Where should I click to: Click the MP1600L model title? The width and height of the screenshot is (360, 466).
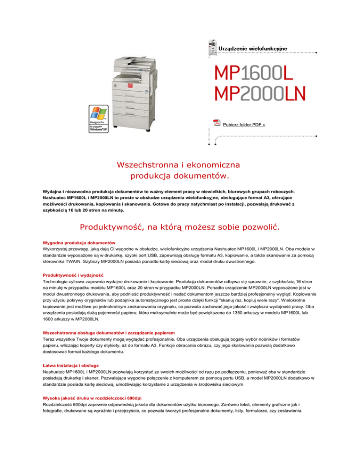[x=254, y=72]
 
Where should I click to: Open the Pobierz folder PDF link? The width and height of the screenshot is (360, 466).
[x=244, y=125]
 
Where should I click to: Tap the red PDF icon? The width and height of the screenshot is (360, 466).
[x=216, y=123]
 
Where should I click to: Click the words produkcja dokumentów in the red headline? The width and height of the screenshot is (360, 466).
[x=180, y=176]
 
